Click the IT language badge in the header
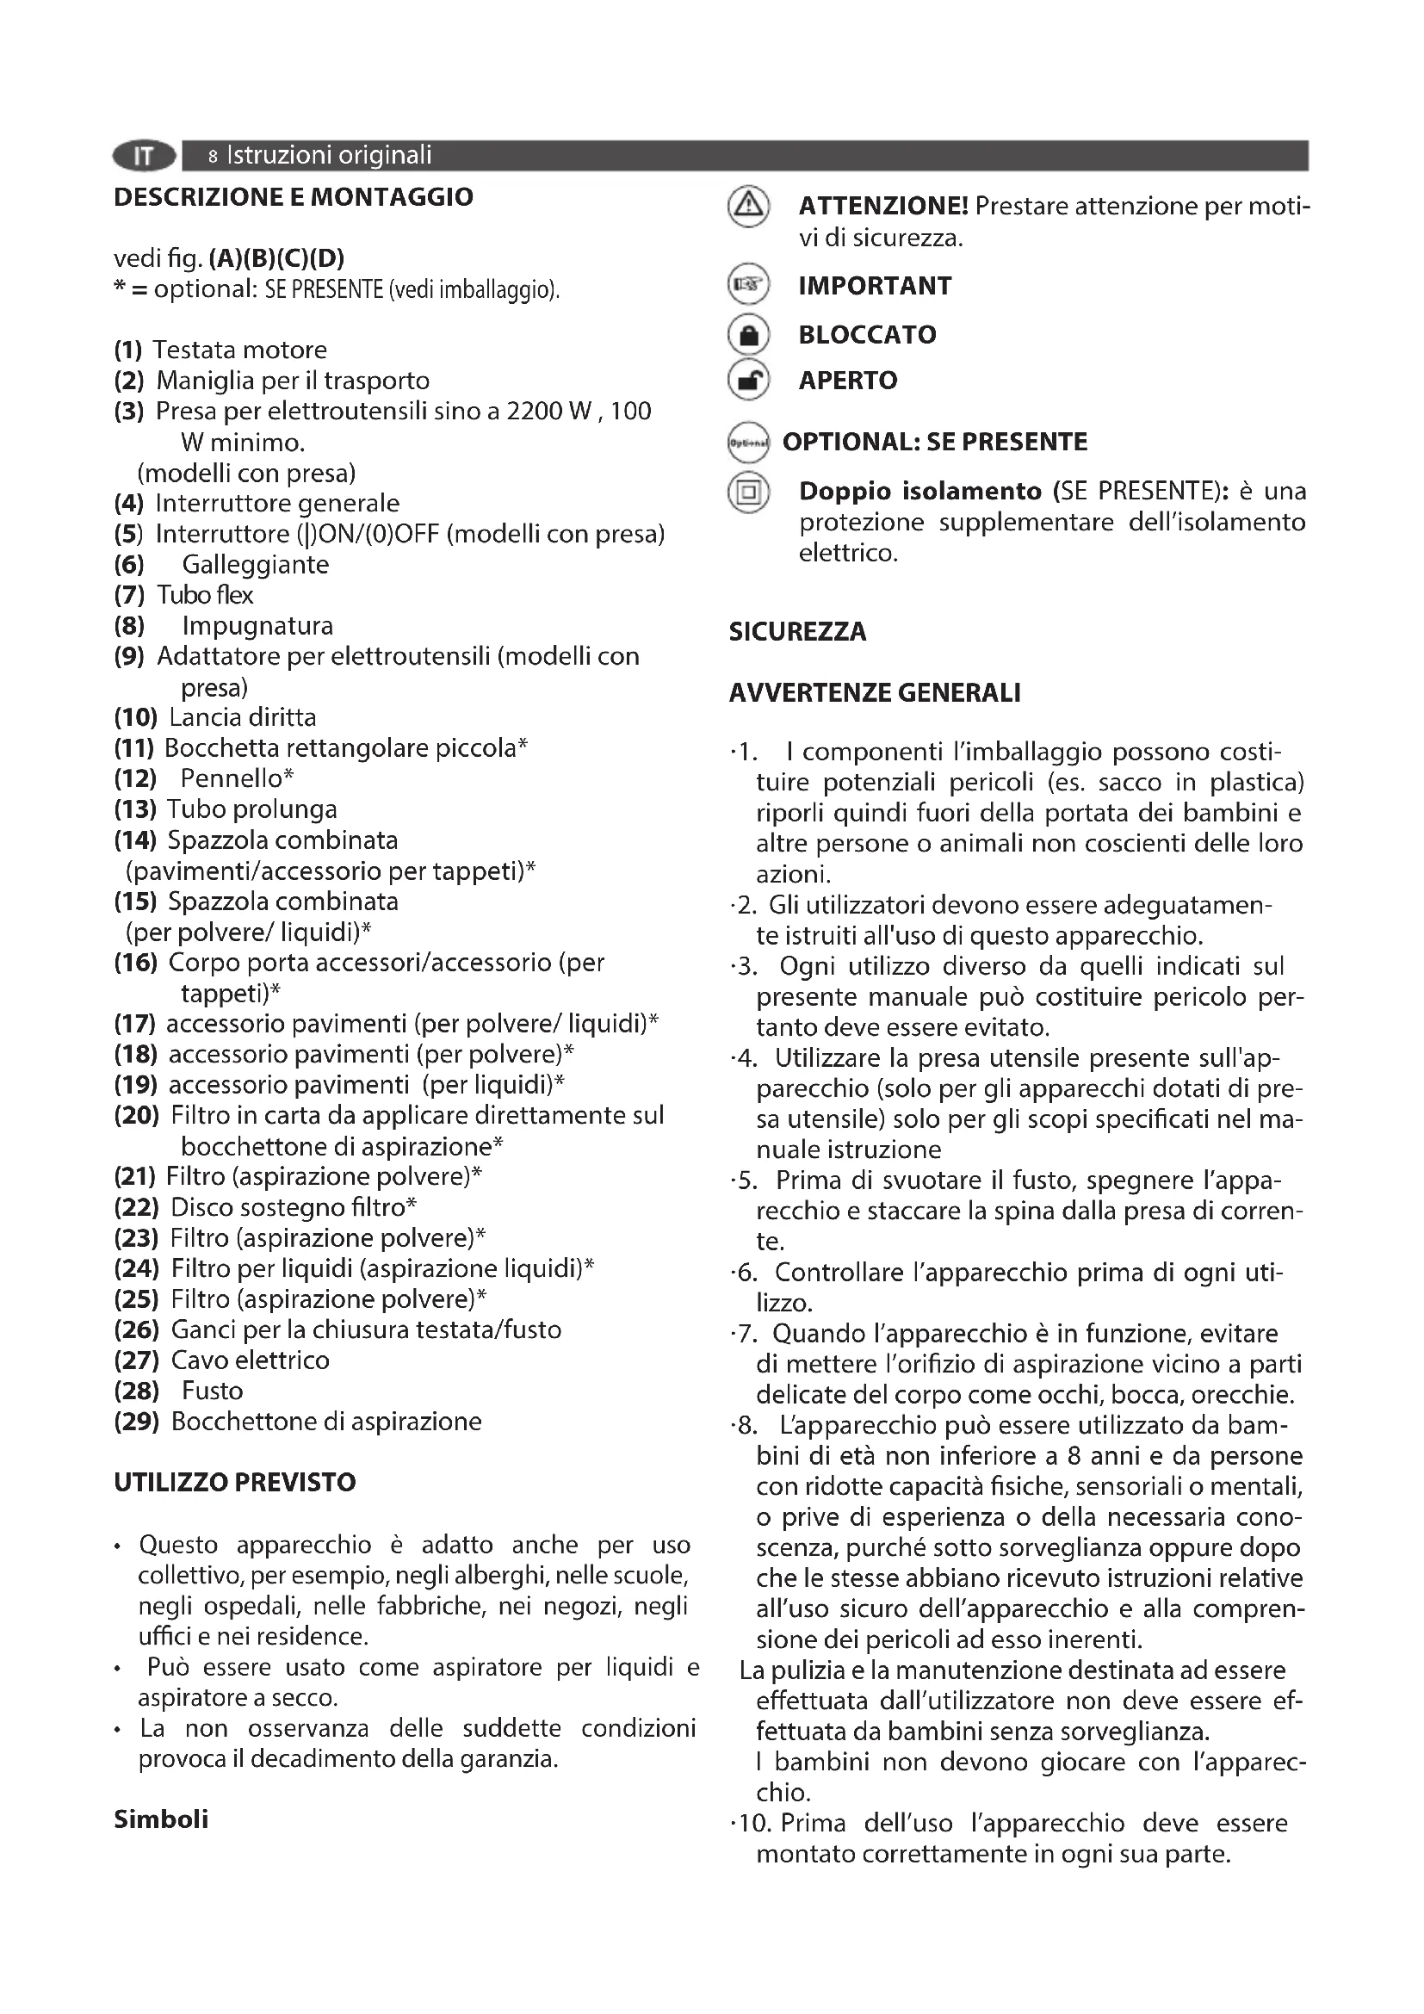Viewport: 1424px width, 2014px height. pos(144,156)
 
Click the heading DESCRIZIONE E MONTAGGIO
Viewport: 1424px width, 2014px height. pos(293,196)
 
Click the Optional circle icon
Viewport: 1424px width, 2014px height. pos(748,443)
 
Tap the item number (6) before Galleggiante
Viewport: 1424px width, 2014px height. pos(129,564)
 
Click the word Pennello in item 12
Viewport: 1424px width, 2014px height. pos(232,778)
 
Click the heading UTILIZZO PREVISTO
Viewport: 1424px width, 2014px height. pos(234,1483)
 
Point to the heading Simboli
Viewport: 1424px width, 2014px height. pos(160,1819)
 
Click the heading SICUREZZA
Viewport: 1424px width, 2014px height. pos(797,631)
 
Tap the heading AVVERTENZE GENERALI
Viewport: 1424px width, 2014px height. pos(874,693)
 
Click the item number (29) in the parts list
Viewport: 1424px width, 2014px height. pos(136,1421)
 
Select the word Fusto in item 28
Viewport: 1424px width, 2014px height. pos(212,1391)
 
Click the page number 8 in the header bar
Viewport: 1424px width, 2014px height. pos(213,157)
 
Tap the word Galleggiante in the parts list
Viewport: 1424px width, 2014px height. pos(255,564)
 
